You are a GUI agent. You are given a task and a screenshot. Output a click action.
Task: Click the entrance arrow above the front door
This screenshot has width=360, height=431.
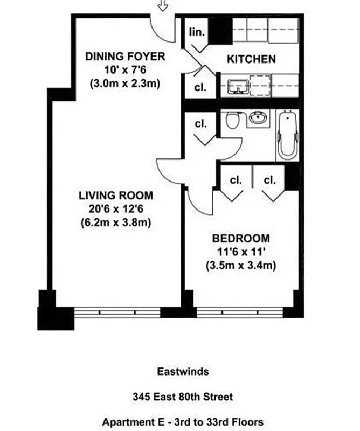point(162,6)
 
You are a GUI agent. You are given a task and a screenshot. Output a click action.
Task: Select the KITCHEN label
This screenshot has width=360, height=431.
point(251,59)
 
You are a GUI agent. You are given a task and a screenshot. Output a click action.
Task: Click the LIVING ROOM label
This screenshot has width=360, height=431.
point(115,195)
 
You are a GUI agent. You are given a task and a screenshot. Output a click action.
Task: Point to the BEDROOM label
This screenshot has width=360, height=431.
point(241,239)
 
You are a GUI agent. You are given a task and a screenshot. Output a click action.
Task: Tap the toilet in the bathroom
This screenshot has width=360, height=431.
point(233,120)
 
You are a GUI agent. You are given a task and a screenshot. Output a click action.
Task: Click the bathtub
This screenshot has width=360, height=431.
point(287,135)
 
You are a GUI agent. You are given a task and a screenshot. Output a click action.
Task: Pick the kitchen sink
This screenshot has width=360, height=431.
point(237,86)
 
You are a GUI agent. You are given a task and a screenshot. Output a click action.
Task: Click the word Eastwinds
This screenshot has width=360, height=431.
point(179,371)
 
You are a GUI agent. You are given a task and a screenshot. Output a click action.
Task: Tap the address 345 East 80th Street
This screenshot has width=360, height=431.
point(179,397)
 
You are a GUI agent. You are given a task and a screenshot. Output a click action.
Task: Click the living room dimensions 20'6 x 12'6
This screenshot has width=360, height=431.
point(115,208)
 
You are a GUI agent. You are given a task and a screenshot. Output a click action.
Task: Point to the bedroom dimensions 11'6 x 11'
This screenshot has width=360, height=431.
point(241,252)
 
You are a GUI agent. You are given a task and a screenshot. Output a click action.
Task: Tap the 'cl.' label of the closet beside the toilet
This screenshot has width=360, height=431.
point(200,124)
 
